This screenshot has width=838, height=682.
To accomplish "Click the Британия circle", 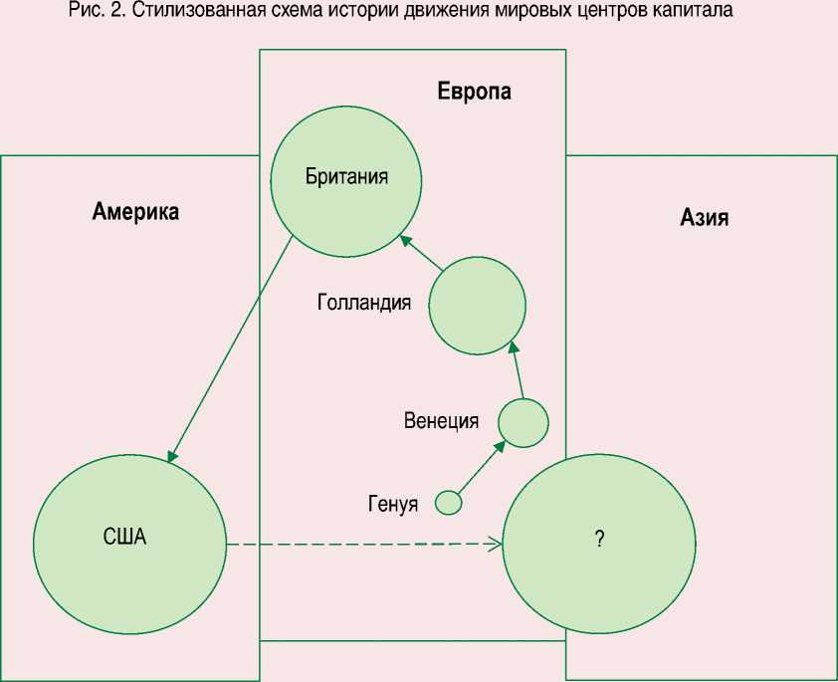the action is (x=345, y=180).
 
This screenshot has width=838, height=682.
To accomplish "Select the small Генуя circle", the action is (x=449, y=503).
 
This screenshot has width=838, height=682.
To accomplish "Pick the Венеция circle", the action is (x=523, y=422).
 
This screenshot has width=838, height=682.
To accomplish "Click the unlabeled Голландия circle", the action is (x=477, y=305).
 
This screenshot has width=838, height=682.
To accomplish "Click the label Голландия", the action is (x=364, y=303).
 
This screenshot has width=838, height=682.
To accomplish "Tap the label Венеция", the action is (x=441, y=420).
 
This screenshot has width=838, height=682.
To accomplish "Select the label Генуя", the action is (x=392, y=502).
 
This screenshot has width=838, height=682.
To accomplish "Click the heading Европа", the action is (x=475, y=93).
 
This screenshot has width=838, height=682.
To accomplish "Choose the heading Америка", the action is (x=135, y=211).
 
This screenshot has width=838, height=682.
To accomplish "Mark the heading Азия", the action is (x=705, y=217).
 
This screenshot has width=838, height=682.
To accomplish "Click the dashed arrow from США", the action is (x=363, y=545).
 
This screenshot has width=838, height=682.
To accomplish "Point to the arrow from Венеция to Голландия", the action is (x=516, y=370).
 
